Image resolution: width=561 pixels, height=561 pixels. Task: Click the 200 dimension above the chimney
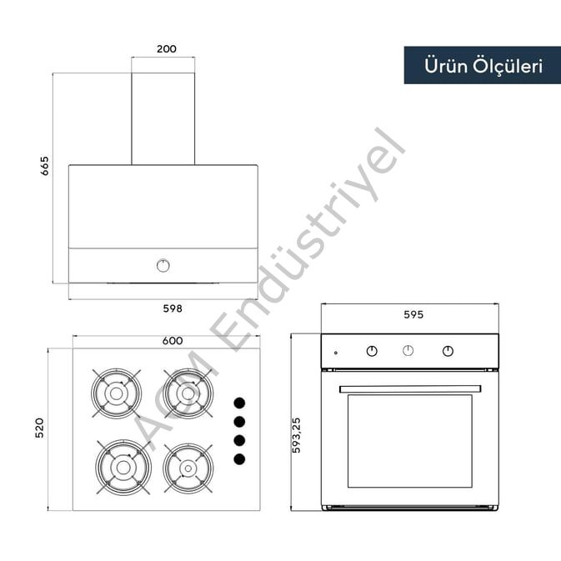click(x=167, y=49)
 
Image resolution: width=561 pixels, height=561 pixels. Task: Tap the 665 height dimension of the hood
click(x=44, y=166)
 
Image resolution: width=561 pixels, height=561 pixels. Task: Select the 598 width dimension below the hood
click(x=173, y=308)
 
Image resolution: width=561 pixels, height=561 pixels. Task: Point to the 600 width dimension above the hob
click(x=173, y=341)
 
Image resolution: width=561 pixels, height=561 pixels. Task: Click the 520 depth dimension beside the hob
click(x=39, y=428)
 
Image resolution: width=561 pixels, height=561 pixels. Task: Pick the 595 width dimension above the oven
click(x=413, y=314)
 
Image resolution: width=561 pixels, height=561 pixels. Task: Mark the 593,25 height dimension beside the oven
click(x=296, y=435)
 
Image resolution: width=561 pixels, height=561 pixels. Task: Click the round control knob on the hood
click(x=163, y=265)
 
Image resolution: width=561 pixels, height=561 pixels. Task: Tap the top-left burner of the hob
click(x=116, y=393)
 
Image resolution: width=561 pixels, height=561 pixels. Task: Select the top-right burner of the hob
click(x=188, y=393)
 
